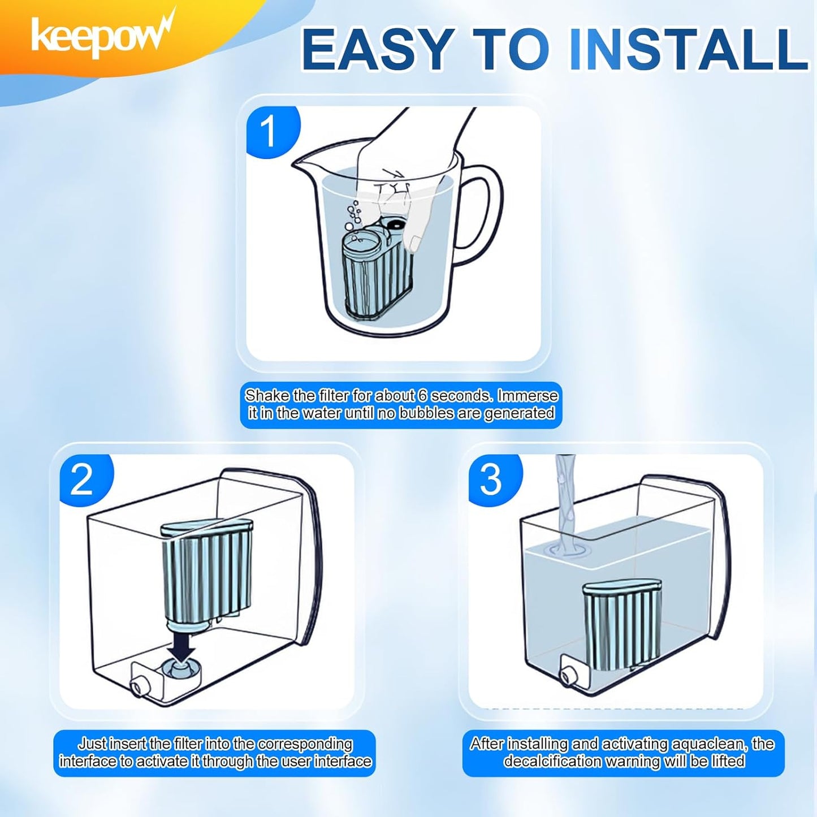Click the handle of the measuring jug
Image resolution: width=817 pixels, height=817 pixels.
(x=483, y=221)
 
